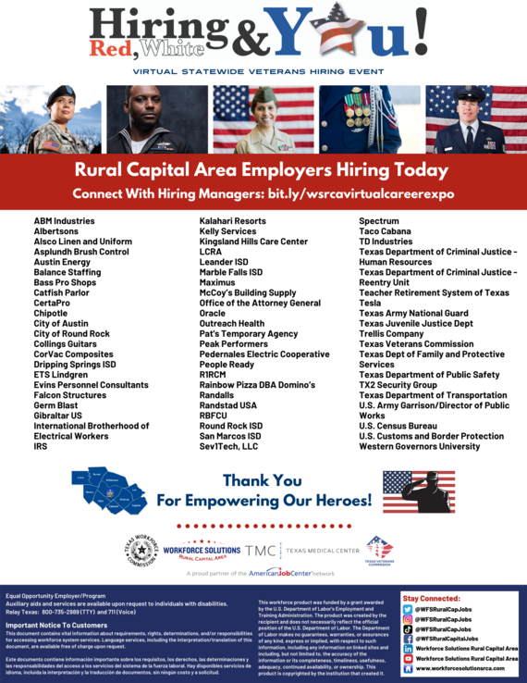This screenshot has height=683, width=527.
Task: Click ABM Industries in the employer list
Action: [64, 221]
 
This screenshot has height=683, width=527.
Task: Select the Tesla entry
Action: [370, 303]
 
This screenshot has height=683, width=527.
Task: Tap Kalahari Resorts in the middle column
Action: [232, 221]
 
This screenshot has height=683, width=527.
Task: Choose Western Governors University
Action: [419, 446]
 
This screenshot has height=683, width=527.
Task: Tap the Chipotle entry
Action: [52, 313]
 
